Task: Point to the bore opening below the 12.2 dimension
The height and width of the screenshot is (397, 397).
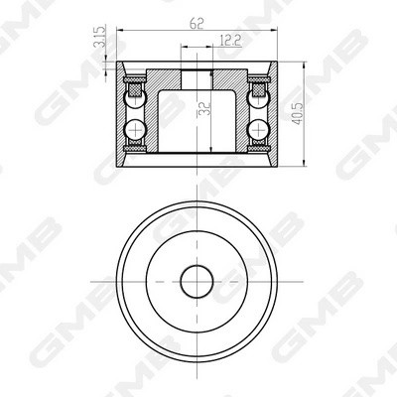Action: (197, 77)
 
